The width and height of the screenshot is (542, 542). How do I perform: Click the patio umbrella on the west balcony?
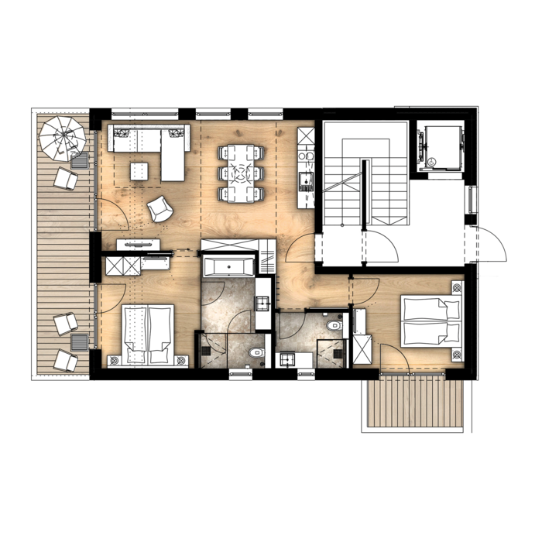click(x=63, y=137)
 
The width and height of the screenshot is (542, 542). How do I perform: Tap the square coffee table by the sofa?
click(x=139, y=170)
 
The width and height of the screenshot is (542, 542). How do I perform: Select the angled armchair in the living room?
click(x=160, y=208)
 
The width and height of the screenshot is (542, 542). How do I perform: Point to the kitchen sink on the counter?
click(x=306, y=184)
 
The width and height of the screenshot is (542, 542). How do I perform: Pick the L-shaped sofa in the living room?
click(x=155, y=143)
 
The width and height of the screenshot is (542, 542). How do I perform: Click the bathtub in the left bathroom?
click(x=227, y=267)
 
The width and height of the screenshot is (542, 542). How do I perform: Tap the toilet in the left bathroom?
click(x=255, y=355)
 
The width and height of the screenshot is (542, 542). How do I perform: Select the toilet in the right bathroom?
click(x=333, y=324)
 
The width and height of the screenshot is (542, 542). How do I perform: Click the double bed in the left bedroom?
click(x=148, y=333)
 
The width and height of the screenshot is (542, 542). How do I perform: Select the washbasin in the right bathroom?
click(x=288, y=358)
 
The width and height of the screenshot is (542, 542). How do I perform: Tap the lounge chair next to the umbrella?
click(x=66, y=179)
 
